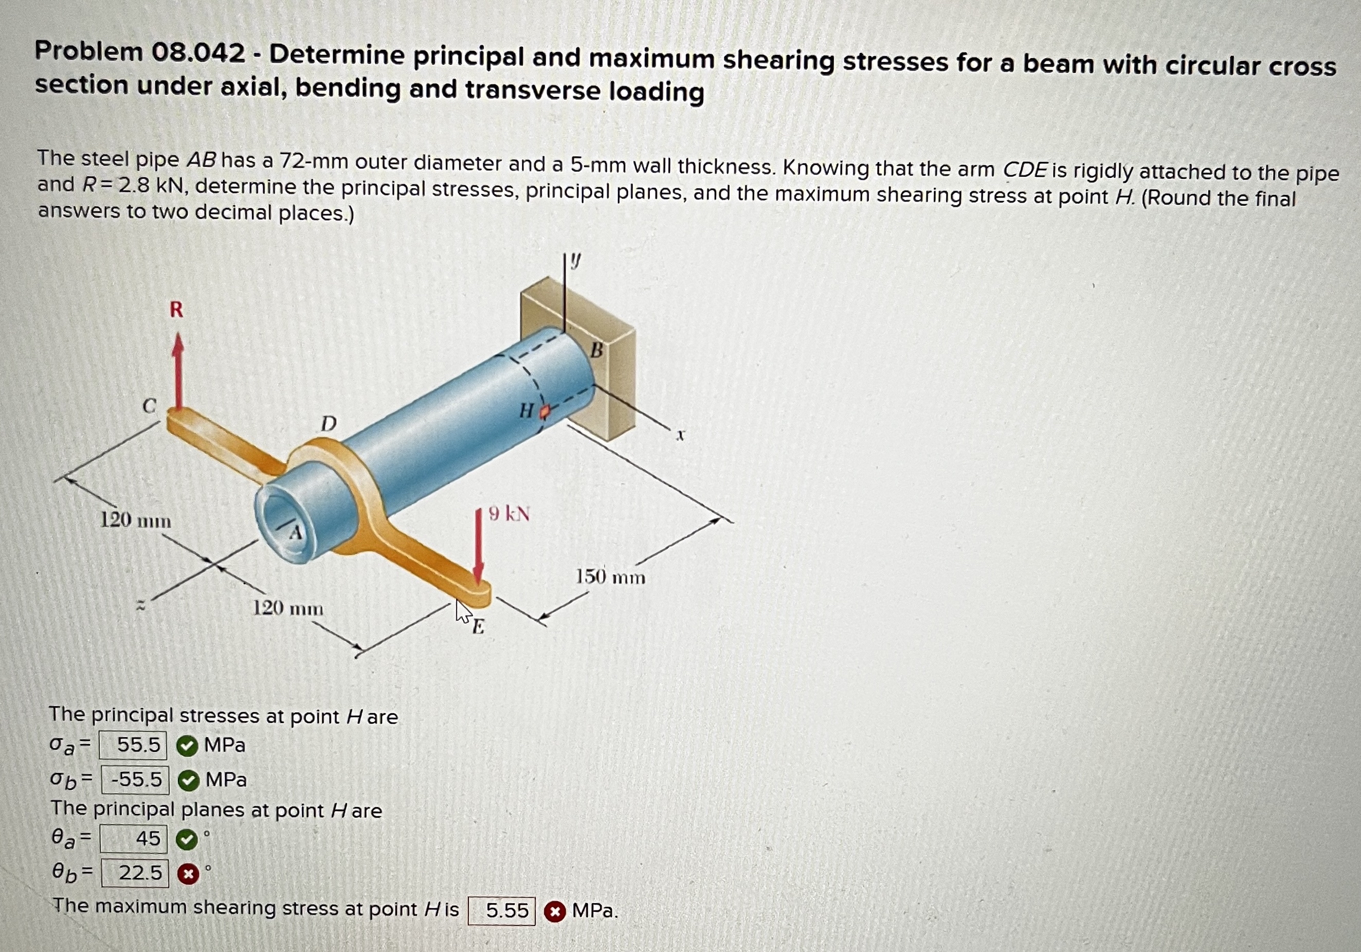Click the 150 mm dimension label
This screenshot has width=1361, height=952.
click(x=610, y=577)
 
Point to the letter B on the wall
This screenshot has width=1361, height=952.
click(x=596, y=351)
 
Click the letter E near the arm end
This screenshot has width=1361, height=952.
click(x=478, y=626)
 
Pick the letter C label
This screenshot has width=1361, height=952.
click(x=150, y=406)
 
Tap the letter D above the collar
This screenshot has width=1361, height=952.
click(x=329, y=424)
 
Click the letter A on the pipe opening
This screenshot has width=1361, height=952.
click(x=296, y=533)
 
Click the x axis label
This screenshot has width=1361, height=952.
click(x=681, y=436)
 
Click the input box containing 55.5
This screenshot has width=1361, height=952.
click(x=133, y=745)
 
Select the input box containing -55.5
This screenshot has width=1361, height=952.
click(x=136, y=780)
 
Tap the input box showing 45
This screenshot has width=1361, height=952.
click(x=134, y=839)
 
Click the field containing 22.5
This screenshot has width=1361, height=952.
click(x=135, y=873)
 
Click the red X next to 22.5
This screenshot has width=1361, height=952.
click(x=188, y=874)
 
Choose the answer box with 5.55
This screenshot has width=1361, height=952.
click(x=501, y=910)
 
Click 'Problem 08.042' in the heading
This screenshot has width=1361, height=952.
click(x=140, y=52)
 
